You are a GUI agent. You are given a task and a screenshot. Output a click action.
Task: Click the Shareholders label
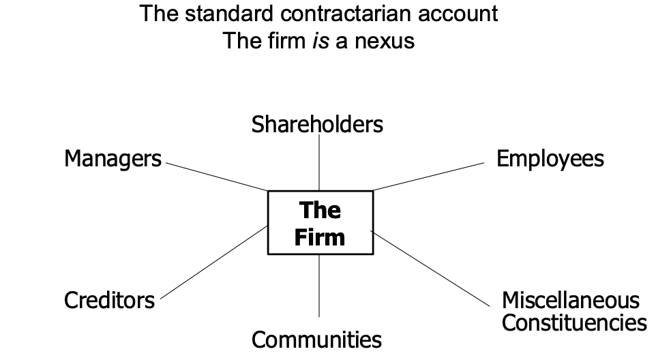click(317, 125)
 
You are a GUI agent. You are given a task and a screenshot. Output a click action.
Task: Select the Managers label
click(113, 159)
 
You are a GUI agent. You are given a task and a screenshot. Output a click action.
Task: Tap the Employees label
click(550, 159)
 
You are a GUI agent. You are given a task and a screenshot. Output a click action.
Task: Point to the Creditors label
click(109, 300)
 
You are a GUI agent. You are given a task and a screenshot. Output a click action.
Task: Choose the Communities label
click(316, 340)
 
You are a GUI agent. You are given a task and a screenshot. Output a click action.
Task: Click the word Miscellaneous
click(571, 300)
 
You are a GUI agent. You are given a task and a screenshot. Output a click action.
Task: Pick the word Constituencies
click(574, 322)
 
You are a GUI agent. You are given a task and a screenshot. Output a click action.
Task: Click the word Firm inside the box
click(320, 237)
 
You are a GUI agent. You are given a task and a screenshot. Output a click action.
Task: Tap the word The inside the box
click(320, 211)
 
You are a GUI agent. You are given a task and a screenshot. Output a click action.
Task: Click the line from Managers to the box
click(215, 177)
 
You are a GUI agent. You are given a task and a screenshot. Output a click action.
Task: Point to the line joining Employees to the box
click(428, 176)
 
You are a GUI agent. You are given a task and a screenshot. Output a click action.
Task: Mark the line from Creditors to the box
click(211, 264)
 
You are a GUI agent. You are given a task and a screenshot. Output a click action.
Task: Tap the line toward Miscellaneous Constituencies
click(431, 267)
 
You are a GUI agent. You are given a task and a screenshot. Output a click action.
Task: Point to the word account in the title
click(460, 13)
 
